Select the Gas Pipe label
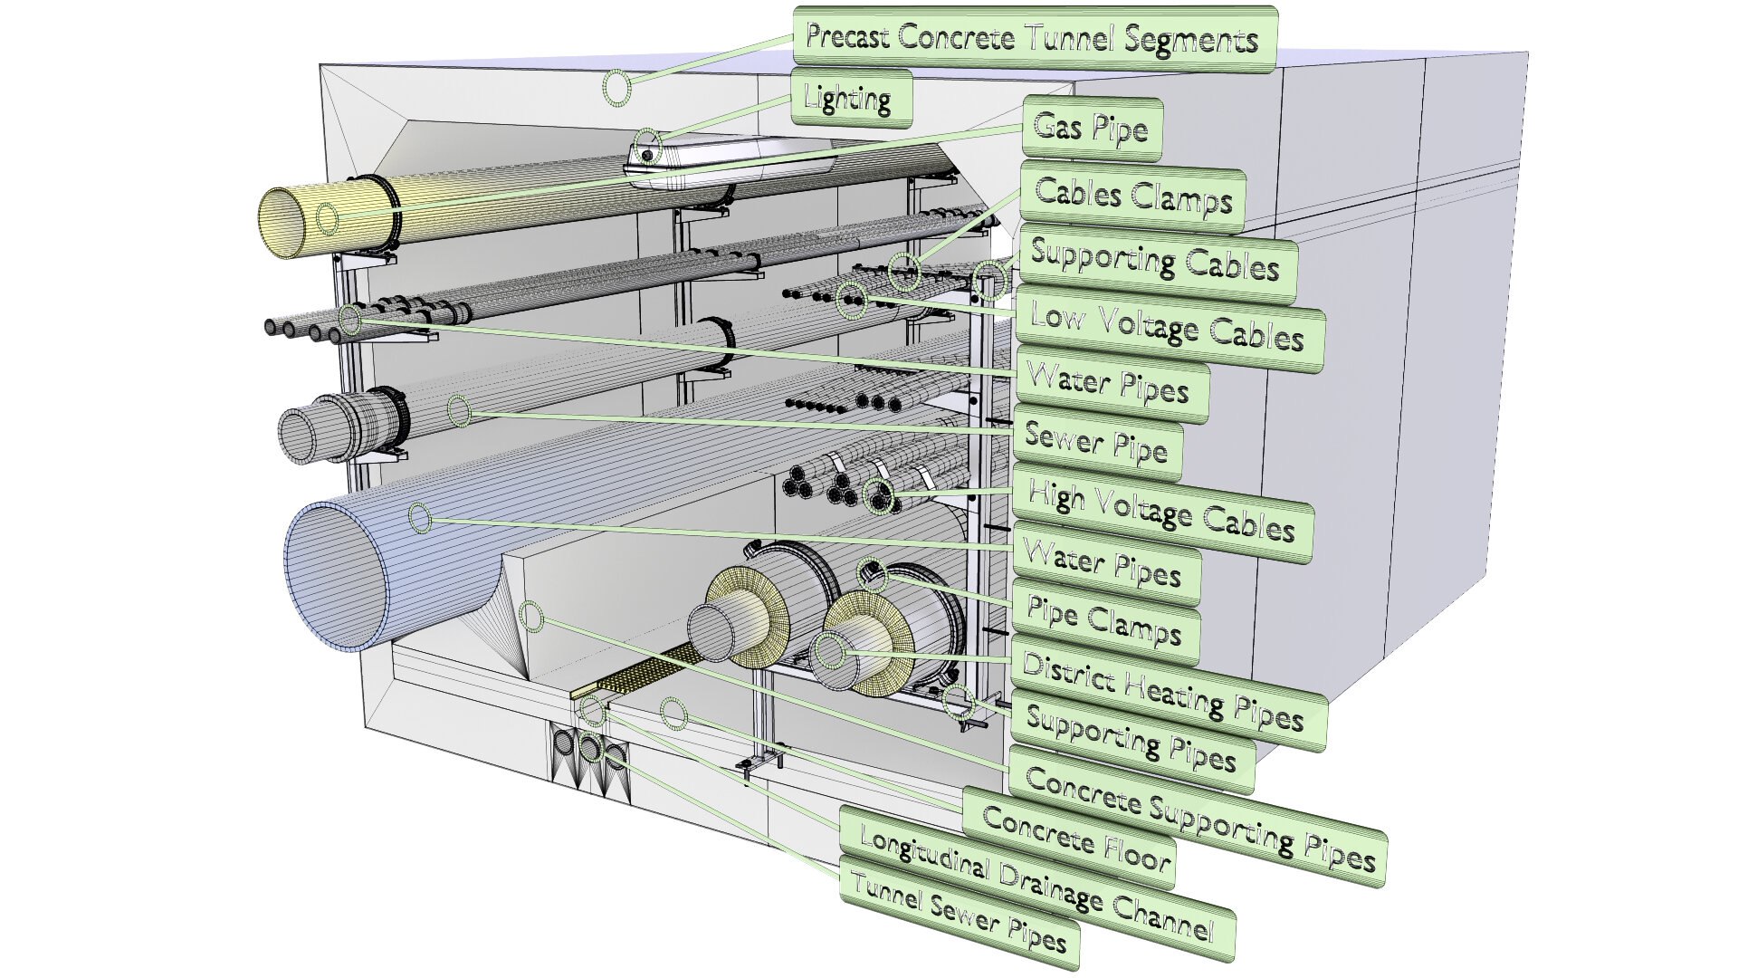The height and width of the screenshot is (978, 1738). pyautogui.click(x=1091, y=129)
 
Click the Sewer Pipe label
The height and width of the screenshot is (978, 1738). pyautogui.click(x=1096, y=443)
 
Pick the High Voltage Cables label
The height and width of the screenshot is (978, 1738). pyautogui.click(x=1161, y=513)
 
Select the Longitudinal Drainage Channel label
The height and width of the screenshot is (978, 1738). pyautogui.click(x=1037, y=884)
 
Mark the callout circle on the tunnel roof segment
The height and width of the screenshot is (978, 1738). pyautogui.click(x=616, y=88)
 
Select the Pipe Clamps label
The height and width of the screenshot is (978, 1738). pyautogui.click(x=1103, y=623)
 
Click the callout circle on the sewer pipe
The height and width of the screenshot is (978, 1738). pyautogui.click(x=459, y=412)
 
